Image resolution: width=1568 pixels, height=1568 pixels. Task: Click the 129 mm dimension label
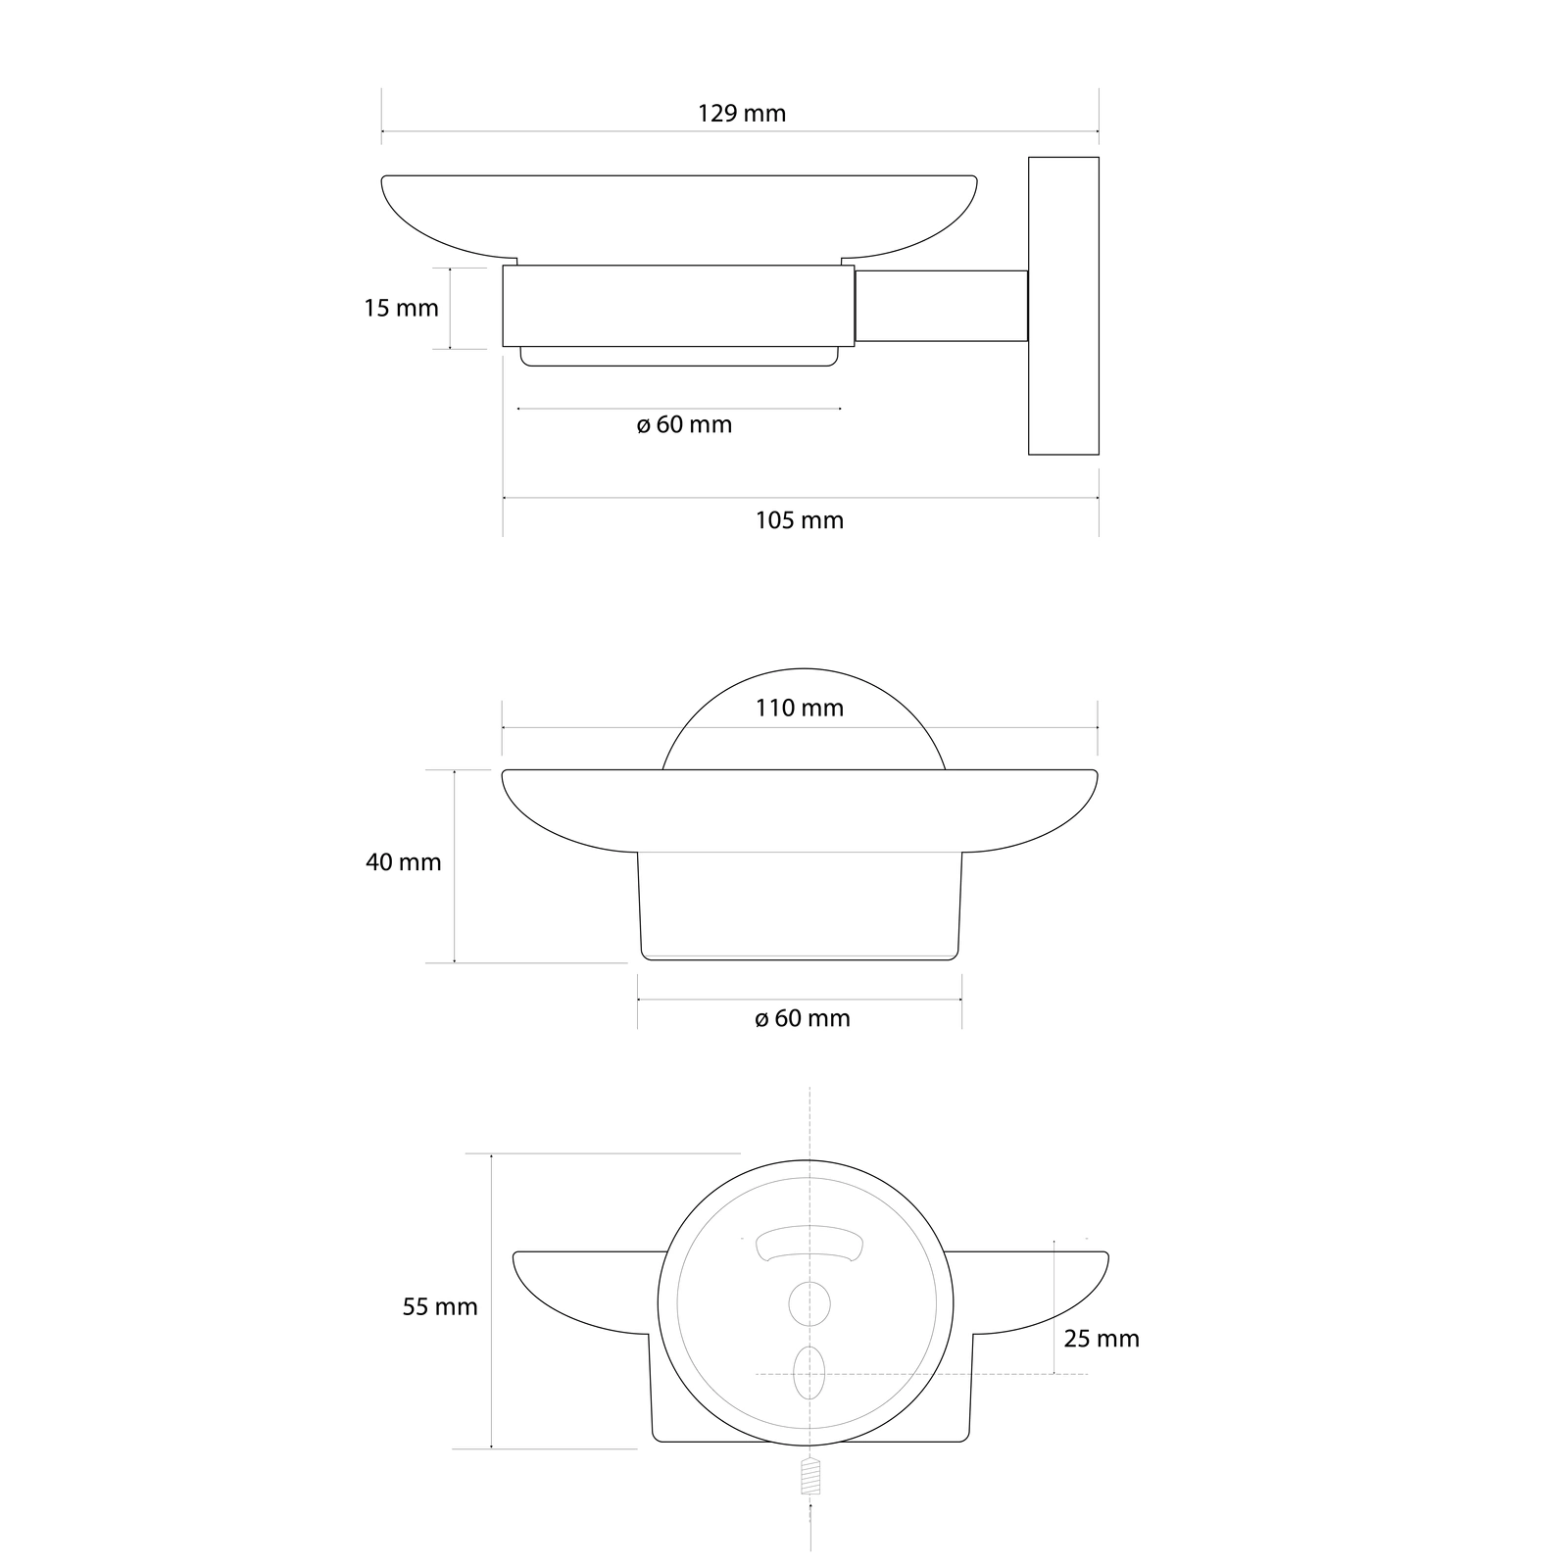(x=742, y=114)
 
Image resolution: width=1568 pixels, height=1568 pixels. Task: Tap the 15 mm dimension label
(x=401, y=308)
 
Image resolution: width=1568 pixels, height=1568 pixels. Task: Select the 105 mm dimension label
(x=800, y=520)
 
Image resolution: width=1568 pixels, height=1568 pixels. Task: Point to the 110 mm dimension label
(x=800, y=708)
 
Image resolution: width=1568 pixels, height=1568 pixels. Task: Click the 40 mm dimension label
(x=403, y=862)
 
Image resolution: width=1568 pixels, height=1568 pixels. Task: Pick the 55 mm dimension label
(x=440, y=1306)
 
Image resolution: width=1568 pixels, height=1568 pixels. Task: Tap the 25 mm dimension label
(x=1102, y=1339)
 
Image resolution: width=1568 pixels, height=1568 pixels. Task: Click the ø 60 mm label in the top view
(x=684, y=425)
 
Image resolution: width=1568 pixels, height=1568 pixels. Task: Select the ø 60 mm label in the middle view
(x=803, y=1018)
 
